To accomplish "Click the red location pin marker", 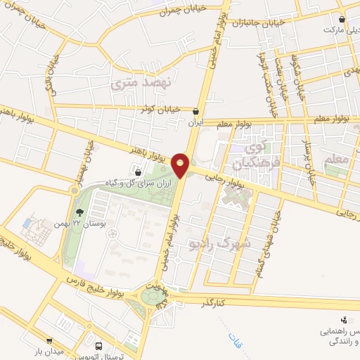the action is (x=181, y=165).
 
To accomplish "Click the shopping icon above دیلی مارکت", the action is (x=342, y=19).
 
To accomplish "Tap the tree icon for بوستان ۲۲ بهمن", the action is (x=78, y=211).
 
